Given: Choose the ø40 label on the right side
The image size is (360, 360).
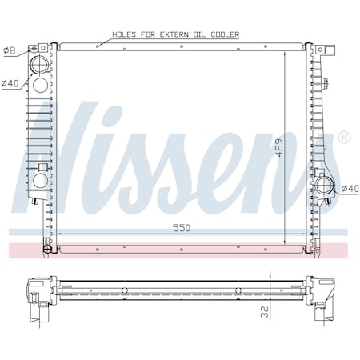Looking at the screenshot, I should (x=350, y=189).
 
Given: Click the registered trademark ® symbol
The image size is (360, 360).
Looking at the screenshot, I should (x=345, y=138).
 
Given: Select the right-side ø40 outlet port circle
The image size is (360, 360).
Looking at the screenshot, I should (x=326, y=186).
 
